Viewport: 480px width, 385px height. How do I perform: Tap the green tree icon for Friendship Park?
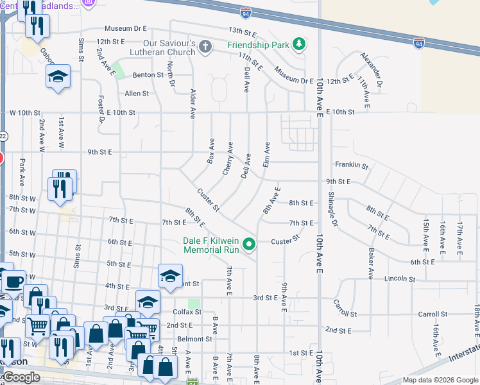298,44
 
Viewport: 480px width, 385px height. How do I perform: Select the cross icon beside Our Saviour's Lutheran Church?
205,46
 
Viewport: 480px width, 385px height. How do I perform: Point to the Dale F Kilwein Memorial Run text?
210,244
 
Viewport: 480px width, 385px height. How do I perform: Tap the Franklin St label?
355,166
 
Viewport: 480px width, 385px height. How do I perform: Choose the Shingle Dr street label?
332,209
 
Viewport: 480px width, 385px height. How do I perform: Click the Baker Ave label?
370,264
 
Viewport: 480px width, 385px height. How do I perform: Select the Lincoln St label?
401,280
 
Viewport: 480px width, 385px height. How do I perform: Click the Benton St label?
148,75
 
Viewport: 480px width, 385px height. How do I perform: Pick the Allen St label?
137,93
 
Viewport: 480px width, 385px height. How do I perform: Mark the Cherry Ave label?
227,158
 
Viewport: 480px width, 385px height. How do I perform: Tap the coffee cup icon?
13,282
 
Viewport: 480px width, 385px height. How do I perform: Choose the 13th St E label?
243,31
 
